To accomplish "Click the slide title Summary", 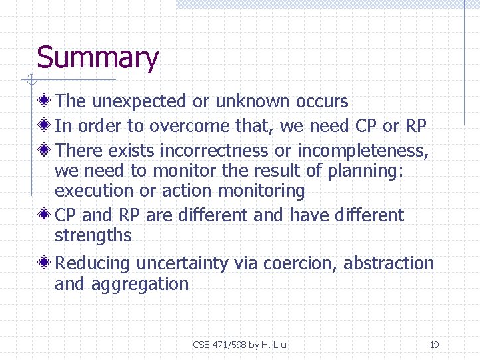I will pyautogui.click(x=97, y=58).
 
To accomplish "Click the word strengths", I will pyautogui.click(x=93, y=235).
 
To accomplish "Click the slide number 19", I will pyautogui.click(x=434, y=345).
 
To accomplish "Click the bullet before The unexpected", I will pyautogui.click(x=45, y=101).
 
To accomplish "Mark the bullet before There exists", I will pyautogui.click(x=45, y=151).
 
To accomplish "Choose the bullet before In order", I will pyautogui.click(x=45, y=126).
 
